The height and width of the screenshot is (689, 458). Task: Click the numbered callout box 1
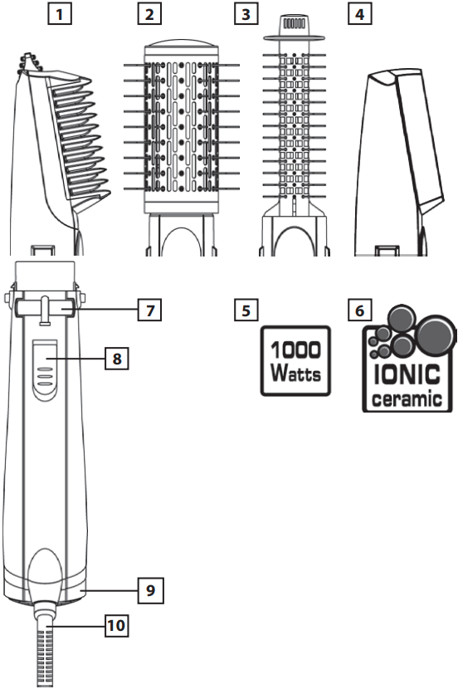tap(59, 14)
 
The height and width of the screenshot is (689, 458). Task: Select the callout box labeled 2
tap(149, 14)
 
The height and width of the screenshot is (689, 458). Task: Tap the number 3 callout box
tap(246, 14)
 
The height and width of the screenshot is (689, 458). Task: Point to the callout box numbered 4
tap(359, 14)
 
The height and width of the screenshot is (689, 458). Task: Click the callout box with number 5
tap(246, 310)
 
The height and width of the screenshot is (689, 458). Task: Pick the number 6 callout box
tap(359, 310)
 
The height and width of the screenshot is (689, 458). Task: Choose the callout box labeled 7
tap(150, 310)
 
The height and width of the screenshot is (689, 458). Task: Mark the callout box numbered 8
tap(116, 358)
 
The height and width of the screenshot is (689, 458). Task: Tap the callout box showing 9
tap(151, 589)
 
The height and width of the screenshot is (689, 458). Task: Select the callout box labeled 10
tap(116, 625)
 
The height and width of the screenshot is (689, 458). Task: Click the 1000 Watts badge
tap(295, 361)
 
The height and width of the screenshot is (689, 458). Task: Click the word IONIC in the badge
tap(407, 375)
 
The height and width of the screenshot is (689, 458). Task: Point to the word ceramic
tap(407, 398)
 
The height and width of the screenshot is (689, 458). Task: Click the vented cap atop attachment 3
tap(292, 27)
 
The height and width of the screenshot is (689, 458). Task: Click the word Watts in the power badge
tap(295, 374)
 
